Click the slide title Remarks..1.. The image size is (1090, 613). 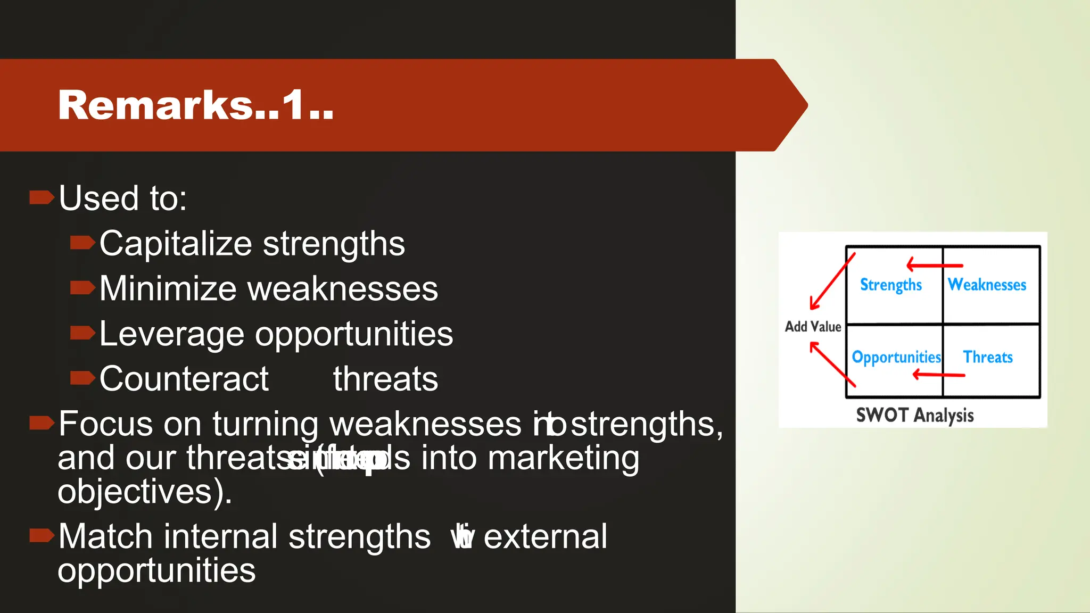pyautogui.click(x=195, y=105)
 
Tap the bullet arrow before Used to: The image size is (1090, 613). pyautogui.click(x=42, y=198)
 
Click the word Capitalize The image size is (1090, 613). pyautogui.click(x=175, y=244)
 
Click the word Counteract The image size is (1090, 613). pyautogui.click(x=184, y=379)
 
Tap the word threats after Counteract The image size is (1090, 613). pyautogui.click(x=385, y=379)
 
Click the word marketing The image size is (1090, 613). pyautogui.click(x=563, y=458)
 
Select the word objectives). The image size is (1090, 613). pyautogui.click(x=144, y=491)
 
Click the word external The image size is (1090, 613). pyautogui.click(x=545, y=536)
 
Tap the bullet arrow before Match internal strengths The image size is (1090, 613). pyautogui.click(x=42, y=535)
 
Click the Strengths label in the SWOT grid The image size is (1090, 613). pyautogui.click(x=890, y=285)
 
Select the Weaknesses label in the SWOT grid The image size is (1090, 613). pyautogui.click(x=987, y=285)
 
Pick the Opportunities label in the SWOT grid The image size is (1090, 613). pyautogui.click(x=896, y=357)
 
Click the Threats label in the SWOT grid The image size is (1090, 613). pyautogui.click(x=988, y=357)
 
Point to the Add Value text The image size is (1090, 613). pyautogui.click(x=813, y=327)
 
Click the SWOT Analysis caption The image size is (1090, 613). pyautogui.click(x=914, y=415)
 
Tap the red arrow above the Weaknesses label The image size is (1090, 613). pyautogui.click(x=935, y=264)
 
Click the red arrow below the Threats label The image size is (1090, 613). pyautogui.click(x=939, y=375)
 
